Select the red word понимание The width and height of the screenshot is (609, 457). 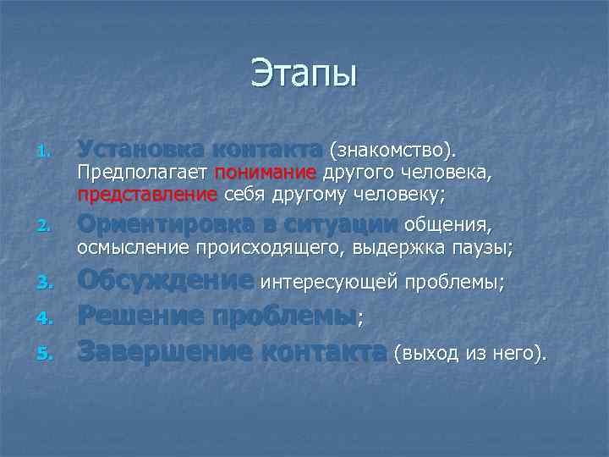point(265,173)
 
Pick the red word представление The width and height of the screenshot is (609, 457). point(147,194)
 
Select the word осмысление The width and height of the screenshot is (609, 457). point(133,247)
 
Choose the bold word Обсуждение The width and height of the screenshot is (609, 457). point(165,280)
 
